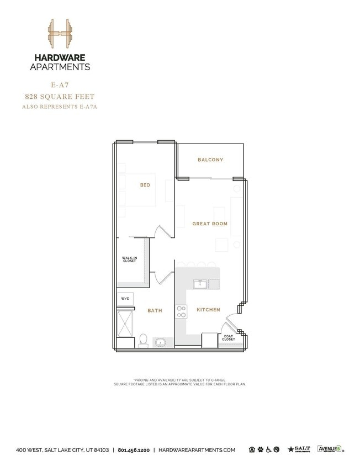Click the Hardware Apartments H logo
pyautogui.click(x=60, y=35)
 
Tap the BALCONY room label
pyautogui.click(x=210, y=160)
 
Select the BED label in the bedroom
pyautogui.click(x=145, y=186)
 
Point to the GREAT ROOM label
pyautogui.click(x=210, y=224)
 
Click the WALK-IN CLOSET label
pyautogui.click(x=130, y=259)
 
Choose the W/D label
pyautogui.click(x=125, y=299)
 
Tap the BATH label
pyautogui.click(x=155, y=311)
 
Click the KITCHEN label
pyautogui.click(x=208, y=310)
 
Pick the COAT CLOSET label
pyautogui.click(x=229, y=338)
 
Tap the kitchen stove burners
pyautogui.click(x=181, y=312)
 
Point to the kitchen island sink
pyautogui.click(x=200, y=284)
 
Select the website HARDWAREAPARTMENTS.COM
pyautogui.click(x=197, y=450)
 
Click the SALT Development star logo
pyautogui.click(x=299, y=449)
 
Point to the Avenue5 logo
pyautogui.click(x=329, y=449)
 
